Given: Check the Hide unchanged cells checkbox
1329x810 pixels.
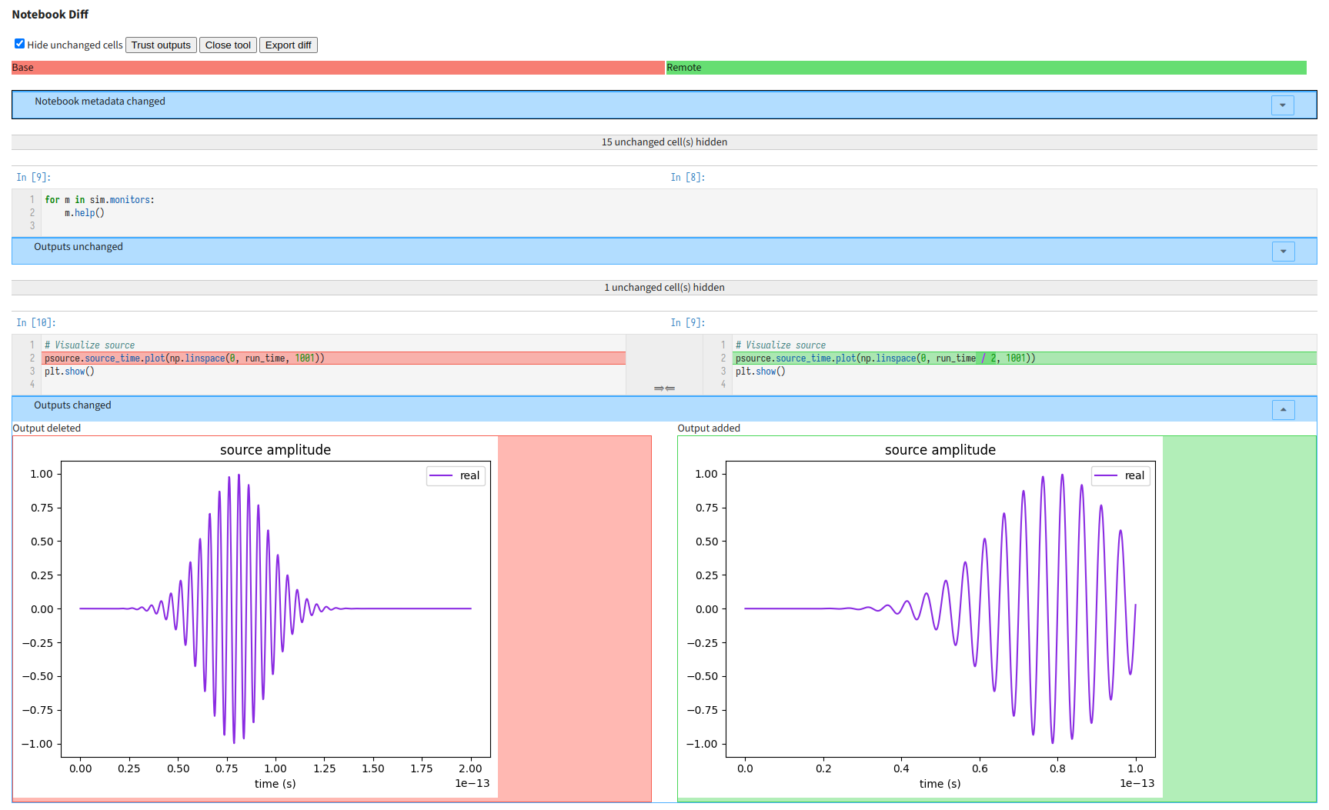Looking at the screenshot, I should pos(20,44).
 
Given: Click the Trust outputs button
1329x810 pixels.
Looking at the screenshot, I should pos(161,45).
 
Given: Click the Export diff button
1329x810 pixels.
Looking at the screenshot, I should pos(288,45).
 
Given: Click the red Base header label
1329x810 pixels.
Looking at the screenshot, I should pos(23,68).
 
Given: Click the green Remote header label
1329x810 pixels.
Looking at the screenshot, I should pos(683,68).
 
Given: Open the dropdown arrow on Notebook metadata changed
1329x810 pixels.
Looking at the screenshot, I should pos(1282,105).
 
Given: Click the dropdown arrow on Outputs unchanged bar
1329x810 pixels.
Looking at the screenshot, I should pos(1283,252).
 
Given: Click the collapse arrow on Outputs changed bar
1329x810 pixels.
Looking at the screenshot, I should pos(1283,410).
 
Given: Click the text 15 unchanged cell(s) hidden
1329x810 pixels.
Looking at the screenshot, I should pos(664,142).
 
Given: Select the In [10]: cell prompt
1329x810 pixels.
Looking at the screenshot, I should pos(36,323).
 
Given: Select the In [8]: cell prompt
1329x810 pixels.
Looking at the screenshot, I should pos(687,178).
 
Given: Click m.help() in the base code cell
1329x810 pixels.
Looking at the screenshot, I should pos(85,213).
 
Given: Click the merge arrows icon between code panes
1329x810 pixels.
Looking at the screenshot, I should pos(664,388).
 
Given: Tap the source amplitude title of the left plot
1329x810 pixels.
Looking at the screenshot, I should pos(275,450).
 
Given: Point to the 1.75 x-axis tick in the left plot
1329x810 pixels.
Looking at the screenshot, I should pos(422,768).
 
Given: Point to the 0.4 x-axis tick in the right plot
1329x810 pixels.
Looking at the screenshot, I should pos(901,768).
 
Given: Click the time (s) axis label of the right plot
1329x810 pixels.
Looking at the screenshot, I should pos(940,784).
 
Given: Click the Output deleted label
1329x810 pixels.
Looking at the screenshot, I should pos(47,428).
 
